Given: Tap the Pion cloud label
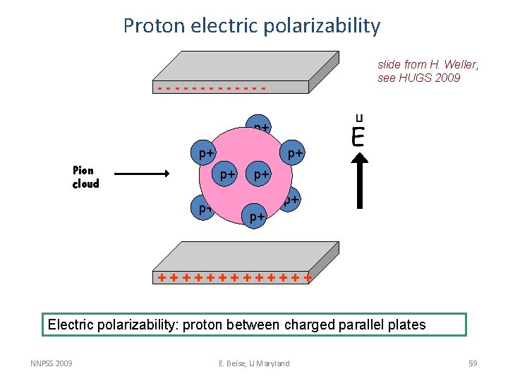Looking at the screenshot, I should [86, 177].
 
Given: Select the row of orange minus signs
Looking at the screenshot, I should [212, 89].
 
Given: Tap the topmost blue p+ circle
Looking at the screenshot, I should [260, 127].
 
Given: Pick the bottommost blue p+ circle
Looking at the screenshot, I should [258, 217].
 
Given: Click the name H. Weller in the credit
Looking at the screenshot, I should [455, 65].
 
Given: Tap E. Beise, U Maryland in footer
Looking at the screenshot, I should [253, 363].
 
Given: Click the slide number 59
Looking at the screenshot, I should [473, 363].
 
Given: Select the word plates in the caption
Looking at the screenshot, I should [405, 325].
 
